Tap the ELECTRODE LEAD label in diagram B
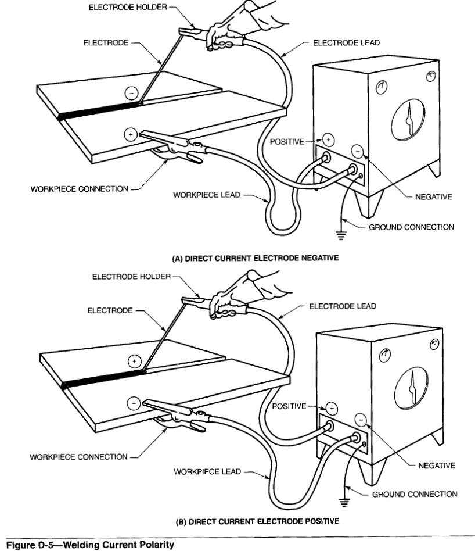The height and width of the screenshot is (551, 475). coord(343,306)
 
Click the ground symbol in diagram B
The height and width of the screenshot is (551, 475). coord(343,500)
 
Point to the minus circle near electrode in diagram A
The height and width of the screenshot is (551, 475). coord(132,92)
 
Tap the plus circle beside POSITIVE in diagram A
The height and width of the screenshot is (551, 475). coord(328,139)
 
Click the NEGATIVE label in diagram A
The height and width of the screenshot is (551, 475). coord(433,197)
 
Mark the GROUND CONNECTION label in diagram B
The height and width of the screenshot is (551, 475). coord(414,494)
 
